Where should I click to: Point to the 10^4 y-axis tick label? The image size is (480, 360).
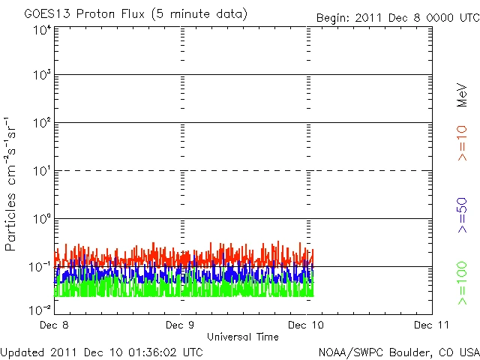click(x=40, y=29)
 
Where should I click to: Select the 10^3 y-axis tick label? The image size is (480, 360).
click(x=40, y=76)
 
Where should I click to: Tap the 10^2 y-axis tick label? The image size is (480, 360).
click(x=40, y=124)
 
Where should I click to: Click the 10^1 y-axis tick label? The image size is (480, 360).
click(x=40, y=172)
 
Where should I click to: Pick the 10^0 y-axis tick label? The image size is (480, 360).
click(x=40, y=220)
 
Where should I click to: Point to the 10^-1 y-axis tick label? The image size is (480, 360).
click(x=39, y=268)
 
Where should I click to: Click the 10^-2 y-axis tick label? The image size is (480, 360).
click(x=39, y=308)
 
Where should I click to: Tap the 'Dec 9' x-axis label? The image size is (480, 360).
click(x=181, y=325)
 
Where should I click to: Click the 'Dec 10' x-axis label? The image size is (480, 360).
click(x=307, y=325)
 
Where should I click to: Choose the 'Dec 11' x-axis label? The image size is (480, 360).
click(x=432, y=325)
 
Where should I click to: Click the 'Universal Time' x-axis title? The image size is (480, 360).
click(x=243, y=337)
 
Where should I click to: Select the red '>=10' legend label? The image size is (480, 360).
click(x=463, y=143)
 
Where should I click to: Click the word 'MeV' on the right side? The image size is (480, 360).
click(x=463, y=95)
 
